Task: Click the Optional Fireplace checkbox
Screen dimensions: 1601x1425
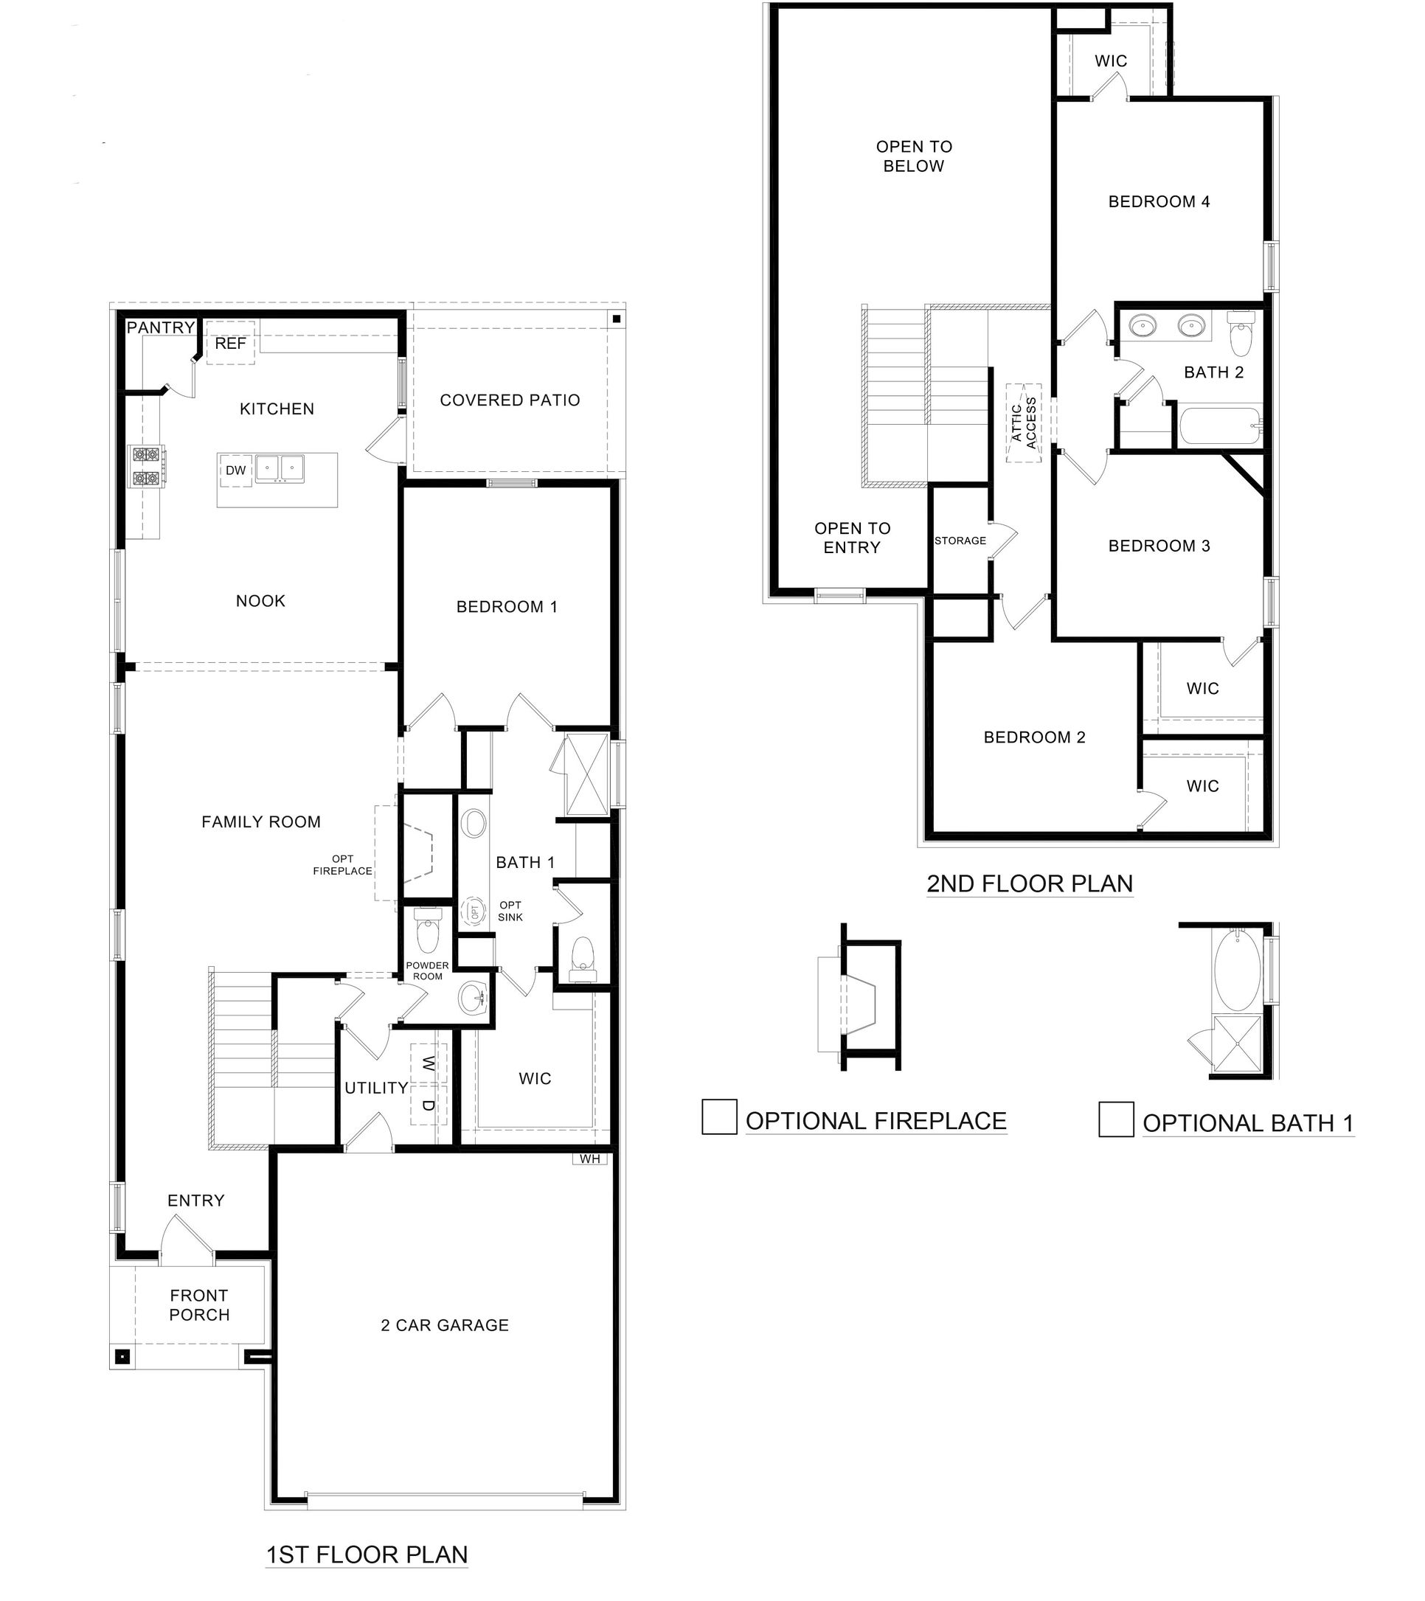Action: click(718, 1117)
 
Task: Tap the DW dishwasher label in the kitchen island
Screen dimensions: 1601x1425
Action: click(236, 470)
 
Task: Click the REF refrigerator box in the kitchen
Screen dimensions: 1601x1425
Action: click(230, 343)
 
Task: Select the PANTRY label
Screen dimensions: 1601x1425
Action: click(161, 327)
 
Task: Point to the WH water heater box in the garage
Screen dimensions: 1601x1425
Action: click(589, 1159)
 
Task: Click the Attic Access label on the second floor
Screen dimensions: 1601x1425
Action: click(1024, 423)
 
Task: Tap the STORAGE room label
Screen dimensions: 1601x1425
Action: click(960, 541)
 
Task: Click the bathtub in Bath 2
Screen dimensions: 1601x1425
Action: click(1220, 427)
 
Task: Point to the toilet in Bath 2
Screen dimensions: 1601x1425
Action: click(1241, 335)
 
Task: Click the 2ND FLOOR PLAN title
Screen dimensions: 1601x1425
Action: click(1030, 883)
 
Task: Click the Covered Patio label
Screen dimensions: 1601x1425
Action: click(510, 400)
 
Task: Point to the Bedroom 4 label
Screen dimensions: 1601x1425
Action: click(1159, 202)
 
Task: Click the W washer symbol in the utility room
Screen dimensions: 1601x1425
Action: click(428, 1063)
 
